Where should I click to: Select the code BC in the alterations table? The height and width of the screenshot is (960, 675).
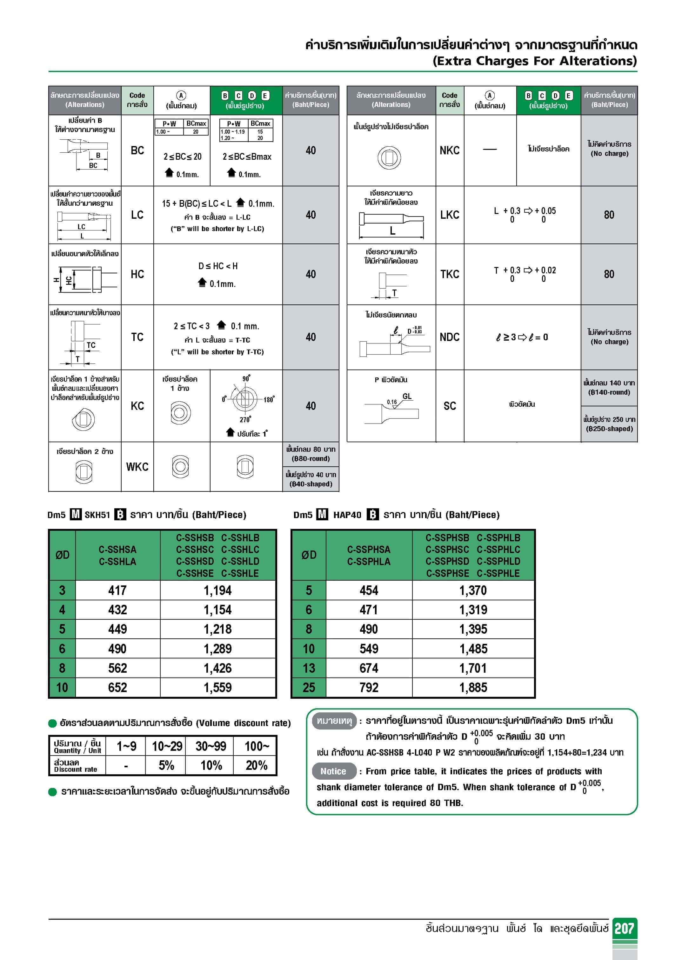click(137, 150)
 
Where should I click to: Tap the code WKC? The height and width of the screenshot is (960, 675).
click(137, 467)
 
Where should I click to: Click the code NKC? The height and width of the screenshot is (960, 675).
click(450, 150)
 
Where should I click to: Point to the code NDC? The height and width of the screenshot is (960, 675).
click(450, 337)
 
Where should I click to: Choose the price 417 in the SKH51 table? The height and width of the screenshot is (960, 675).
click(117, 590)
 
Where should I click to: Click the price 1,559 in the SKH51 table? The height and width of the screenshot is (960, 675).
click(217, 687)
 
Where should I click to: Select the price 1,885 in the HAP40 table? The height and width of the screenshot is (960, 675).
click(473, 687)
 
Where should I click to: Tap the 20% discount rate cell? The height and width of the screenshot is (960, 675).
click(256, 765)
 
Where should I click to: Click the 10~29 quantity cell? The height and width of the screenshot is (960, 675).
click(167, 746)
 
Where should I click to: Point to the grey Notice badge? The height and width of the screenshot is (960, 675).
click(333, 771)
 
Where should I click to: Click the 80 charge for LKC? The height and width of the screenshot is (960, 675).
click(609, 215)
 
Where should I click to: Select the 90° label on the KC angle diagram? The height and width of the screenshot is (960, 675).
click(246, 378)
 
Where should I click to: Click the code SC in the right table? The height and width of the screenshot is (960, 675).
click(450, 406)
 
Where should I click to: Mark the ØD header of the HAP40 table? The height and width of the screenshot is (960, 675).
click(309, 555)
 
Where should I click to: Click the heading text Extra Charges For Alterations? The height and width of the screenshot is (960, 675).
click(534, 61)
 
